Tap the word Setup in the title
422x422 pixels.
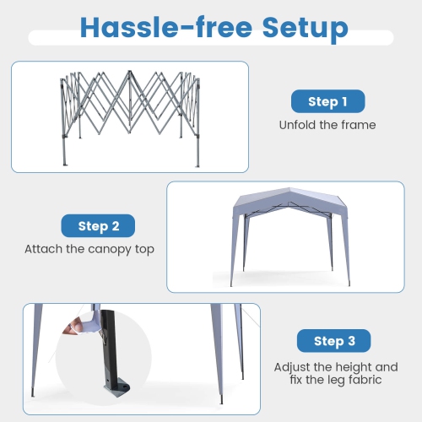(305, 27)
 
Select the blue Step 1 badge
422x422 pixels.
(327, 102)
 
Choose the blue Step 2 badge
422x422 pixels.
(99, 226)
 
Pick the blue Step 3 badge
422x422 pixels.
(333, 341)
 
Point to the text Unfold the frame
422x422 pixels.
(327, 125)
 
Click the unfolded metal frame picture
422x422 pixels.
(131, 114)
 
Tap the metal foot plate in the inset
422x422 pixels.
(114, 390)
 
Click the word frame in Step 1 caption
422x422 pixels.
(358, 125)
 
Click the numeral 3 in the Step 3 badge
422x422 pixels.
(358, 341)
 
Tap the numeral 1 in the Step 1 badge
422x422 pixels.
(344, 102)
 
